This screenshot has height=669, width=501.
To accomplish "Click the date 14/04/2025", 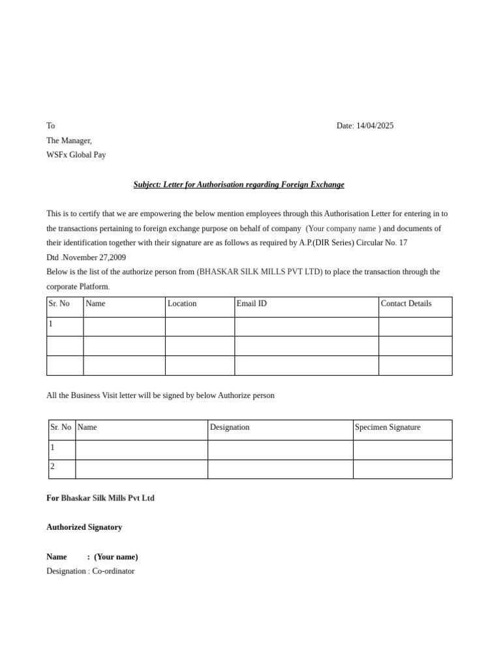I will [374, 125].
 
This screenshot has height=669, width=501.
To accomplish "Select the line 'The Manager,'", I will [69, 140].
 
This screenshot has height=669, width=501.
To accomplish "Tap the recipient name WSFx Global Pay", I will [76, 155].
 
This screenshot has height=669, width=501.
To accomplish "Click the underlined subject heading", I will [239, 185].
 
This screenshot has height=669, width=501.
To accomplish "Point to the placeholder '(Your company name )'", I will [343, 228].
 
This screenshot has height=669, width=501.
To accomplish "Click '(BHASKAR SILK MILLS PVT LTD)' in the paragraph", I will [260, 272].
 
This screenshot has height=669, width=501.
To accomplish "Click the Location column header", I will [182, 304].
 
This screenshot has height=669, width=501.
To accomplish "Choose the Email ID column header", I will [251, 304].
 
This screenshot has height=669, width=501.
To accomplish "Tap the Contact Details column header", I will [406, 304].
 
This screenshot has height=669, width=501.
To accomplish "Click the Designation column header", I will [230, 427].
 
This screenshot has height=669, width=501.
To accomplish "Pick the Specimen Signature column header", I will [387, 427].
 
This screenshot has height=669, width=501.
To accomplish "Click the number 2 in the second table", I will [53, 466].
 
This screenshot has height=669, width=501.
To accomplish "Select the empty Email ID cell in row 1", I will [306, 327].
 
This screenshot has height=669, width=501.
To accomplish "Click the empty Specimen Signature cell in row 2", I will [402, 469].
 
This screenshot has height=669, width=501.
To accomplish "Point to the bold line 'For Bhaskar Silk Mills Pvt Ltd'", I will [100, 498].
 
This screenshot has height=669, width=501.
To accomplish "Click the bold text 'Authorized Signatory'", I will [84, 527].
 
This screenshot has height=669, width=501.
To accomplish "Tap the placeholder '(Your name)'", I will [116, 557].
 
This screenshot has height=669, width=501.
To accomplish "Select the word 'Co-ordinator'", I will [114, 571].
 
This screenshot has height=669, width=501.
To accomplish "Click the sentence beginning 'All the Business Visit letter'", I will [160, 395].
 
